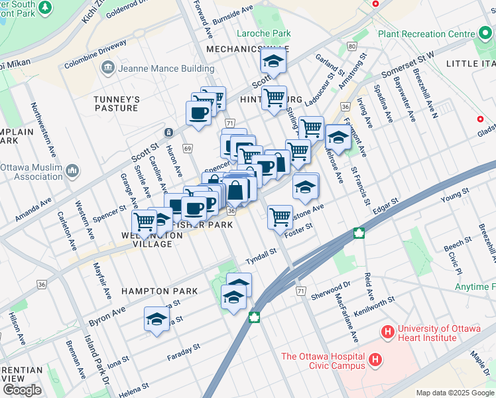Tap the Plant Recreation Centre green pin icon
(485, 33)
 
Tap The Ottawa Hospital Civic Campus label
(323, 361)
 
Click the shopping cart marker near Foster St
(280, 216)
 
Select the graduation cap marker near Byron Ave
(156, 320)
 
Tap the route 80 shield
(351, 46)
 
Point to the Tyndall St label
(260, 255)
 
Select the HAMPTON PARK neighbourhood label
(160, 291)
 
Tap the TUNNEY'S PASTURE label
(116, 104)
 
